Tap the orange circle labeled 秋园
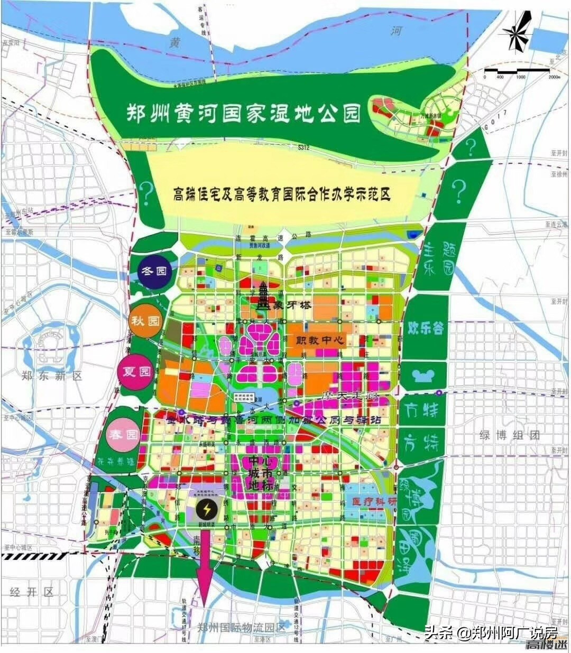146,321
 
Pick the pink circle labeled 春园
123,434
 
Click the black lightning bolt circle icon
205,510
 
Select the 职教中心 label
316,341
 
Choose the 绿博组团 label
510,435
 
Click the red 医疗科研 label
373,501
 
